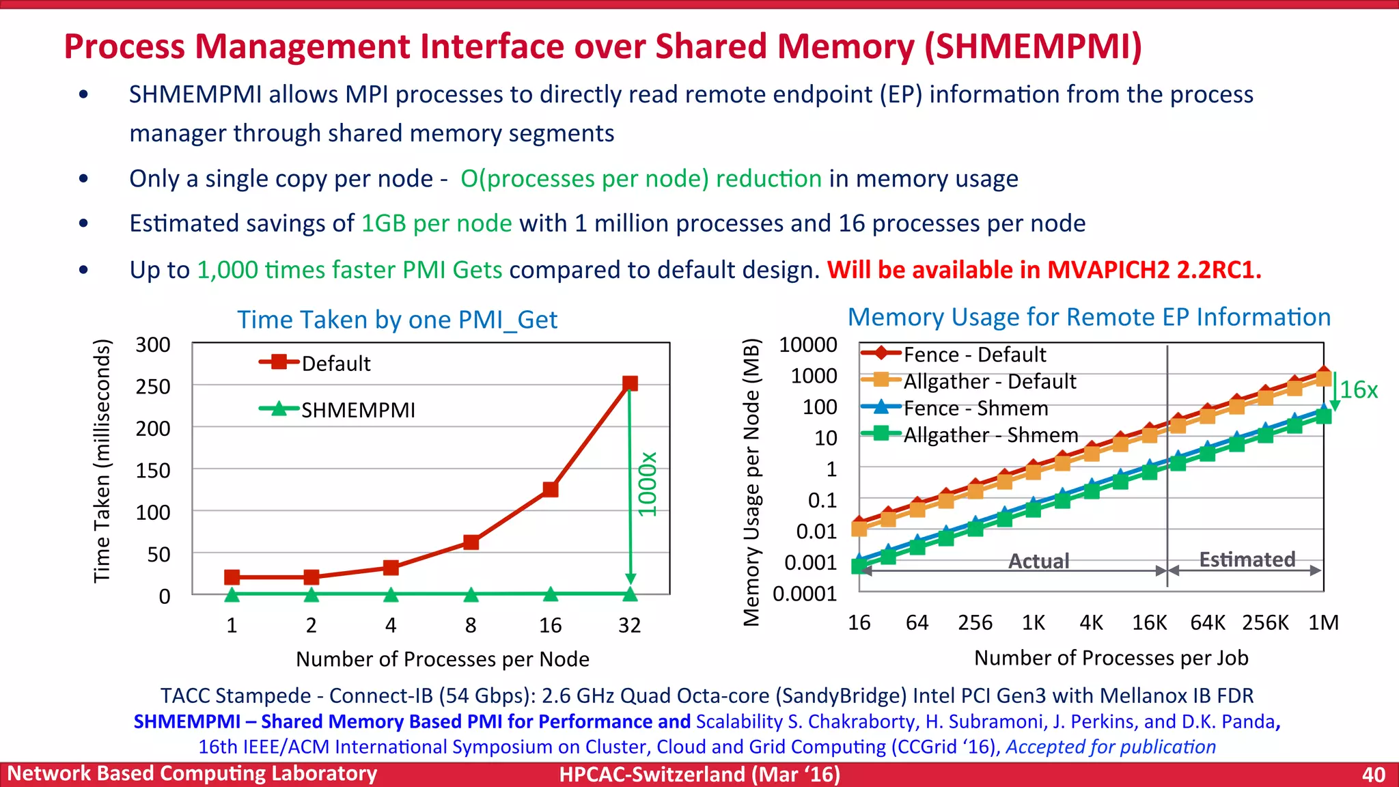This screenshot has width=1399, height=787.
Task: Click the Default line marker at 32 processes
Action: coord(630,383)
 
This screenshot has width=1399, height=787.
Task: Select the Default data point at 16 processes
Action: coord(551,489)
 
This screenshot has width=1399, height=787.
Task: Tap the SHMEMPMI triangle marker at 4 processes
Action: coord(391,594)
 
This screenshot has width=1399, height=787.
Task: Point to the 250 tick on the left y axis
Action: coord(153,387)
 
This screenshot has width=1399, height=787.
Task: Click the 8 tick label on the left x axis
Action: coord(471,624)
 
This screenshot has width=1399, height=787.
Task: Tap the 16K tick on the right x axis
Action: coord(1149,622)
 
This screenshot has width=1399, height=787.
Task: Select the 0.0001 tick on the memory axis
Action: coord(805,594)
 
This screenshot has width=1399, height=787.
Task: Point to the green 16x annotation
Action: coord(1358,390)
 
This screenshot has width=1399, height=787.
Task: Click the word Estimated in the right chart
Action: coord(1247,560)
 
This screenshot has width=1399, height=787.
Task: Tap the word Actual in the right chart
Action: coord(1038,561)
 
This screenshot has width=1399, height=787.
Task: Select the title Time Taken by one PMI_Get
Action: coord(397,320)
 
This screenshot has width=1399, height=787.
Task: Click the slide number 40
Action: coord(1373,774)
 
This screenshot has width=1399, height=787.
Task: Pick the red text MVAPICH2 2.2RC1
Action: coord(1154,270)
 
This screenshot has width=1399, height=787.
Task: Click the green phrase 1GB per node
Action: coord(437,223)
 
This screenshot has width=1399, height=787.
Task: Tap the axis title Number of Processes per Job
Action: coord(1111,658)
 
